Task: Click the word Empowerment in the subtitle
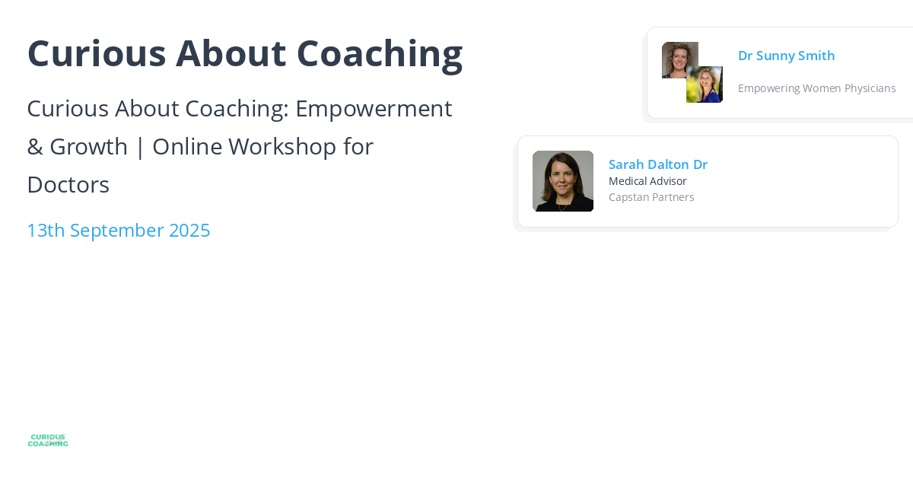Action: (x=374, y=108)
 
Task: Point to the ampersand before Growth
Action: (x=34, y=146)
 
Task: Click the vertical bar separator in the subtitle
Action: (x=140, y=146)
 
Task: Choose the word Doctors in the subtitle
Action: (x=68, y=184)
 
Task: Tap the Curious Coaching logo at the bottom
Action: (x=48, y=440)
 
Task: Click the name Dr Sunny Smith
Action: (x=786, y=56)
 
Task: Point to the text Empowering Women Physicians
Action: (x=816, y=88)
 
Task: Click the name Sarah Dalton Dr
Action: (x=657, y=164)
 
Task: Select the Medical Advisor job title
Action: (x=647, y=181)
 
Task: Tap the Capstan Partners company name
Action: (x=651, y=197)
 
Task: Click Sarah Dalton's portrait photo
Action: (x=563, y=181)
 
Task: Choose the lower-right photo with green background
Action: (x=705, y=85)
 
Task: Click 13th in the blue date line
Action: (x=46, y=230)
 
